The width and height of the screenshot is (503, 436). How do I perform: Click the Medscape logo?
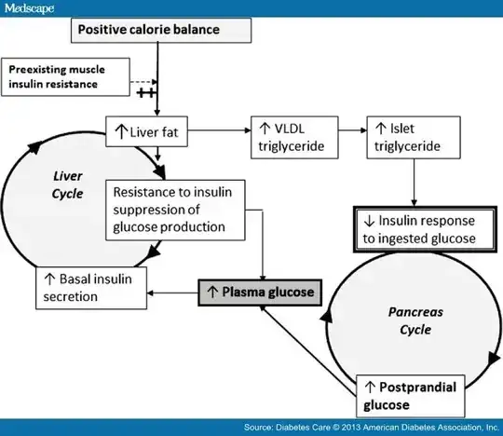click(x=30, y=7)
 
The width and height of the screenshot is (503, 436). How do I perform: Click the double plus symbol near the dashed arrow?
click(x=146, y=93)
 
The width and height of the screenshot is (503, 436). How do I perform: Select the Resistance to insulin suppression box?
click(x=176, y=211)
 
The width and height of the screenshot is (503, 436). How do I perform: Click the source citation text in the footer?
click(x=368, y=426)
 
